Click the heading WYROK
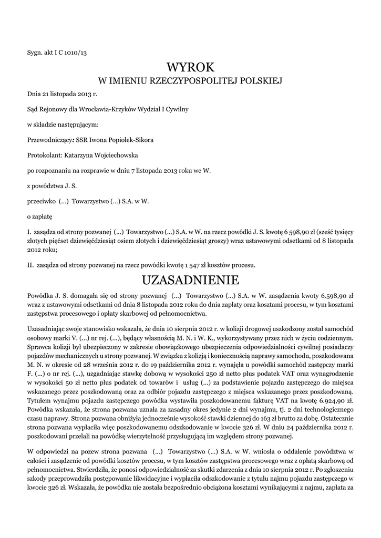point(191,67)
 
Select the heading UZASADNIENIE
point(191,278)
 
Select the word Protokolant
point(44,156)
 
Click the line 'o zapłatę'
point(40,216)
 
